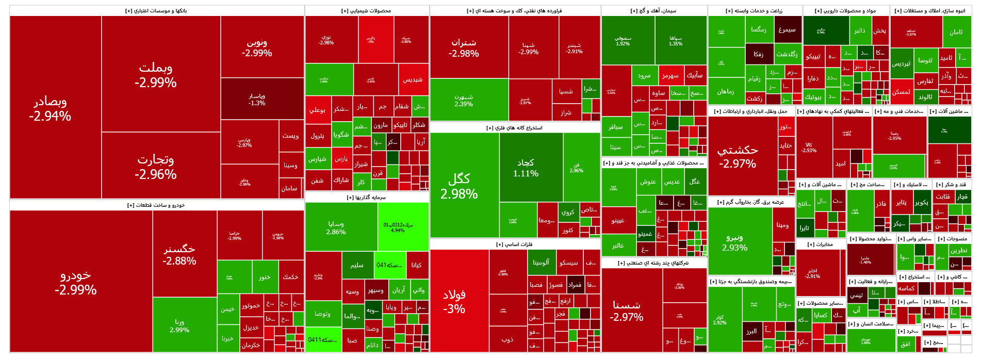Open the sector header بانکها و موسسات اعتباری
pyautogui.click(x=156, y=11)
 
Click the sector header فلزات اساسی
pyautogui.click(x=514, y=244)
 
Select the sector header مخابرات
pyautogui.click(x=820, y=244)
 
